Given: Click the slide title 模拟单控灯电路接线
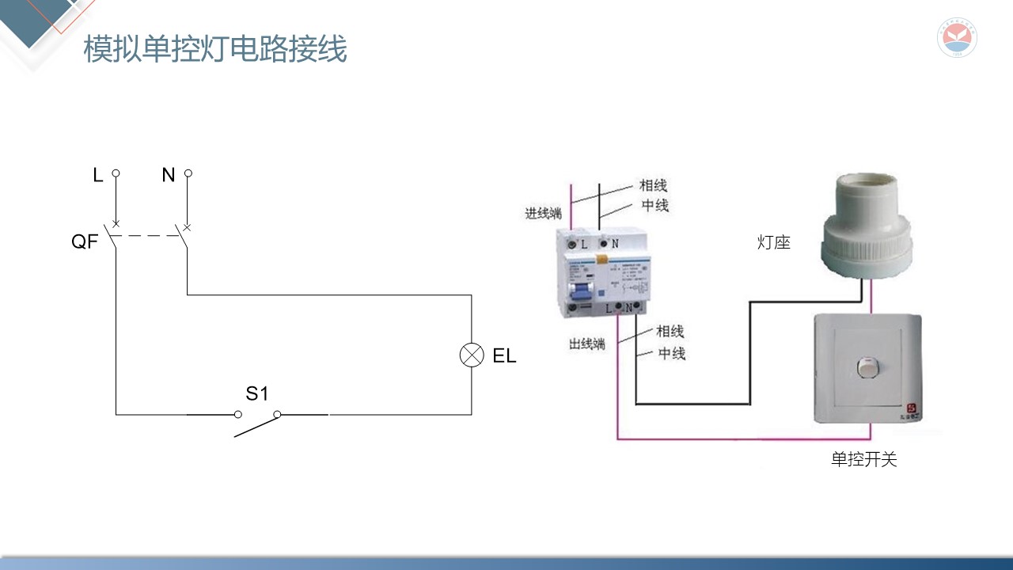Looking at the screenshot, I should pos(215,49).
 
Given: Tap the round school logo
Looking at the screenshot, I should pos(957,38).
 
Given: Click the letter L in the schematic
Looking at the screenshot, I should pos(98,175).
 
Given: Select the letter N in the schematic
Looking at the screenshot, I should pos(169,175).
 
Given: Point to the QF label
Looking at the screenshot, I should pos(85,241).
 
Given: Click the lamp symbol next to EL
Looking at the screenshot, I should pos(472,355).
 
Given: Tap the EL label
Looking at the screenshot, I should pos(504,356).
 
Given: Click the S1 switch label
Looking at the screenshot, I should pos(257,393).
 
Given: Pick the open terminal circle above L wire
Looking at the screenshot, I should pos(116,173).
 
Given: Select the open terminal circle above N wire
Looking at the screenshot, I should pos(188,173).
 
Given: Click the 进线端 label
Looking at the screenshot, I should pos(543,214).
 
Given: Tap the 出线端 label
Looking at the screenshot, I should pos(586,344).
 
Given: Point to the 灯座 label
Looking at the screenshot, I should pos(773,243).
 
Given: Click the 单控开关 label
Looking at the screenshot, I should pos(863,460).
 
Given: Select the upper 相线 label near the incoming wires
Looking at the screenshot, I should pos(654,186).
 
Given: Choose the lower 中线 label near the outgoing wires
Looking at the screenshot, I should pos(672,354).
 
